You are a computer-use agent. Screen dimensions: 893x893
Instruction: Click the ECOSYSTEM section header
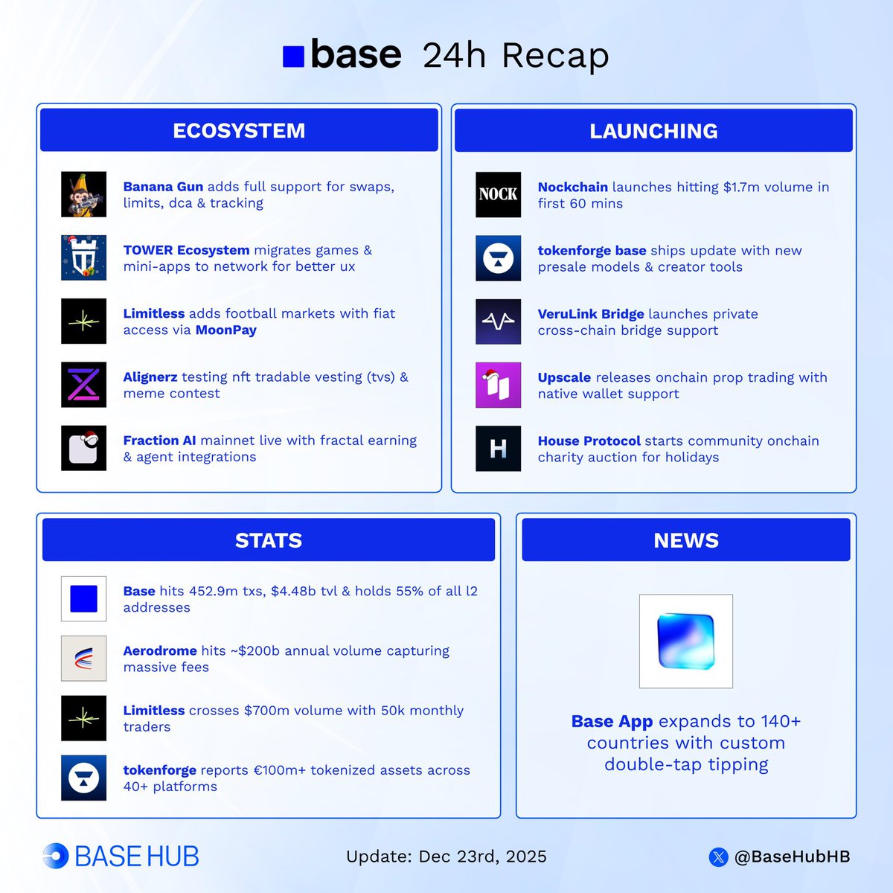click(x=239, y=130)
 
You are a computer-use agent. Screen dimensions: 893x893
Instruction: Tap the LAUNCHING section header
click(x=653, y=131)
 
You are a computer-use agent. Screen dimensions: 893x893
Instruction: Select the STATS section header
click(x=269, y=540)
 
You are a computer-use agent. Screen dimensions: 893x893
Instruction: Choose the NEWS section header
click(x=685, y=540)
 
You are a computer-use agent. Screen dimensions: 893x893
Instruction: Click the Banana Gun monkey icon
click(x=83, y=195)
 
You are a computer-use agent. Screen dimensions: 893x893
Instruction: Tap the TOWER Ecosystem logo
click(x=83, y=258)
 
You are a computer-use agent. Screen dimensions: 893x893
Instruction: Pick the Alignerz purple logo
click(x=83, y=385)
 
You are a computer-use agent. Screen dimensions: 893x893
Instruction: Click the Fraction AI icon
click(x=83, y=448)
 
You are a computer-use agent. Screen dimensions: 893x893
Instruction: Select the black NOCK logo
click(x=498, y=195)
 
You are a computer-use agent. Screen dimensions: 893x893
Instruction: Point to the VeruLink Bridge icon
click(x=498, y=321)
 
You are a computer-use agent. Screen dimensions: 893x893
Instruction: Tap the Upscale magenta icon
click(x=498, y=385)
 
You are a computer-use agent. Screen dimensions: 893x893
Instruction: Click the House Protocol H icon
click(x=498, y=448)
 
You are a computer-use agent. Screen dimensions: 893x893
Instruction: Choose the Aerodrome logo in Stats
click(x=83, y=659)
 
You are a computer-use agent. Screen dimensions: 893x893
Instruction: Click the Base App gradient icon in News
click(x=685, y=641)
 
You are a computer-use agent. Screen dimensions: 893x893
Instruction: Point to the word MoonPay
click(x=226, y=330)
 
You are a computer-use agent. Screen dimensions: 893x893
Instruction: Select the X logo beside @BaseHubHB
click(x=718, y=857)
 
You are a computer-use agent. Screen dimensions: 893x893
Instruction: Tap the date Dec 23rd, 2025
click(x=482, y=857)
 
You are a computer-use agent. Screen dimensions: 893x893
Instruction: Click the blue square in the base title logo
click(x=293, y=57)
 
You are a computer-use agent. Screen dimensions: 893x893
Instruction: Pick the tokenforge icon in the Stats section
click(x=83, y=778)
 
